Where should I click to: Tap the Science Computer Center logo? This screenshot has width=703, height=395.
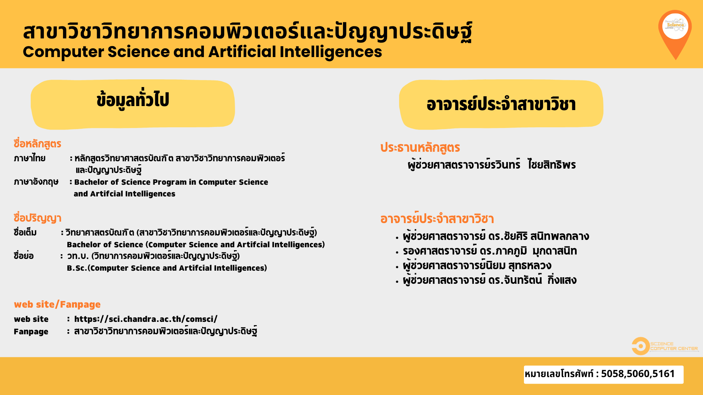point(665,346)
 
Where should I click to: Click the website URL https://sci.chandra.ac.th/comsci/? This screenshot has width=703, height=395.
point(146,319)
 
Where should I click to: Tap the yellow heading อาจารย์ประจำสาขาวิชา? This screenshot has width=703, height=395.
point(501,104)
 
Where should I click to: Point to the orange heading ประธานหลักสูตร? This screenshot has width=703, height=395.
point(420,147)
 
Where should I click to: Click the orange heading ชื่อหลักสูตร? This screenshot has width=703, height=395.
point(37,144)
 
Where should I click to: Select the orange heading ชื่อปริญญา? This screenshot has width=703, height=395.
point(37,218)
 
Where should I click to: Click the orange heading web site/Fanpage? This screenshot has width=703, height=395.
point(57,304)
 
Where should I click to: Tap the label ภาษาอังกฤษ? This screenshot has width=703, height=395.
point(36,182)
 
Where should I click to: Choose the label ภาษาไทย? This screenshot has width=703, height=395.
point(30,158)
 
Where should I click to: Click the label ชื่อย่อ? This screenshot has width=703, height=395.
point(23,256)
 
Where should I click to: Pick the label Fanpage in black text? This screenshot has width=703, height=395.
point(31,332)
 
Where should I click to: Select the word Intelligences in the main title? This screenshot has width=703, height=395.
point(331,52)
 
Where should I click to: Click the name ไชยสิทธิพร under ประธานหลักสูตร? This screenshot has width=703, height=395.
point(552,165)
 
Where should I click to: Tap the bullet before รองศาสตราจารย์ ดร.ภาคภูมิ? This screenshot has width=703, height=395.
point(397,252)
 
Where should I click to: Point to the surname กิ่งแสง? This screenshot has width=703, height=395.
point(562,280)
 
